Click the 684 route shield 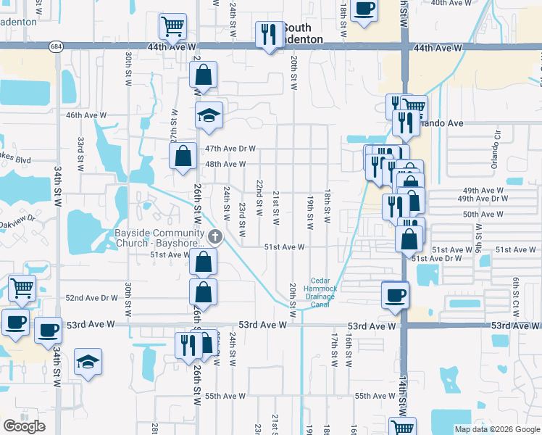click(56, 46)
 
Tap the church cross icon click(214, 236)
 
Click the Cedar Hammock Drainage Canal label click(324, 292)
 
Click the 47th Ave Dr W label click(230, 149)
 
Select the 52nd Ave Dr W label click(91, 298)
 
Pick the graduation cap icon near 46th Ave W click(209, 115)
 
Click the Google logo click(24, 426)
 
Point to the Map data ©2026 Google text click(496, 429)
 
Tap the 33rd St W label click(82, 149)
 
